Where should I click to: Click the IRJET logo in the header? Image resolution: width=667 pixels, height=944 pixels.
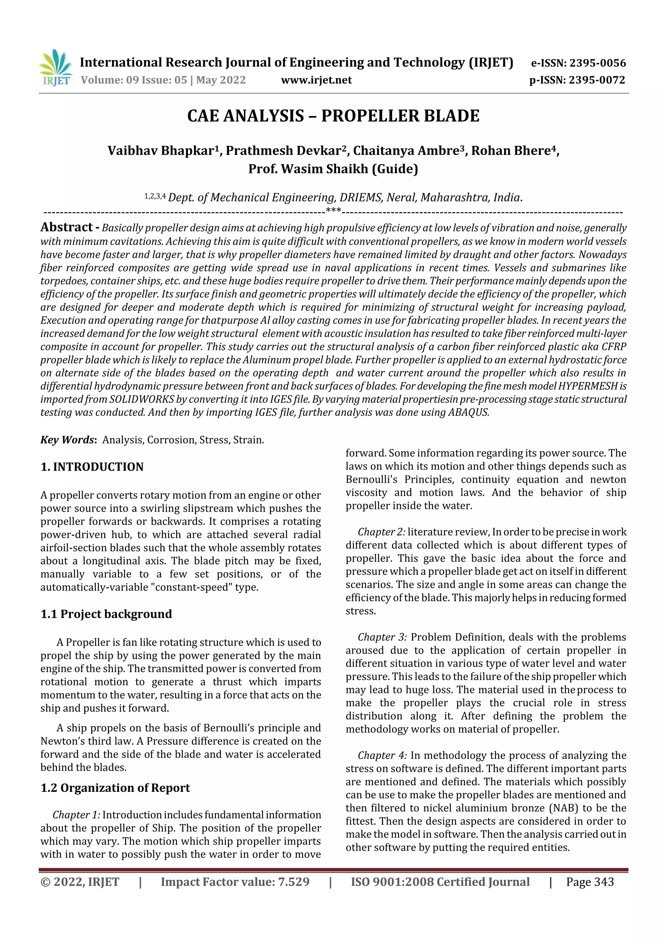click(55, 68)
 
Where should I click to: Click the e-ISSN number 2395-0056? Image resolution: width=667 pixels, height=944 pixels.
click(597, 63)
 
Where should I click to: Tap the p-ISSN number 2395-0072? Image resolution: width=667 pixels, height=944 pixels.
click(597, 80)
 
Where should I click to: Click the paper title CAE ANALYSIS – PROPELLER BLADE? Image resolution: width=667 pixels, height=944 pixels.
click(333, 116)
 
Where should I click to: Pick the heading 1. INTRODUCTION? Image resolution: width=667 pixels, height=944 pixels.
click(92, 467)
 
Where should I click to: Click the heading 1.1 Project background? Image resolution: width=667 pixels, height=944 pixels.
click(106, 614)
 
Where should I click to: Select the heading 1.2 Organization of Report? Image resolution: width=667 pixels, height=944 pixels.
click(115, 788)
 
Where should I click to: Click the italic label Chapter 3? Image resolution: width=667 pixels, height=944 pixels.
click(382, 637)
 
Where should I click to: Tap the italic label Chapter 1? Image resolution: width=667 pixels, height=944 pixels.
click(77, 815)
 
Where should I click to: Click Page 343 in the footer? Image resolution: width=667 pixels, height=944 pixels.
click(590, 882)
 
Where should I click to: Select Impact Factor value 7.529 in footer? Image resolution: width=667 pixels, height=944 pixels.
click(235, 882)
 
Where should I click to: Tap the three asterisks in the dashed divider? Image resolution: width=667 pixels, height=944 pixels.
click(333, 211)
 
